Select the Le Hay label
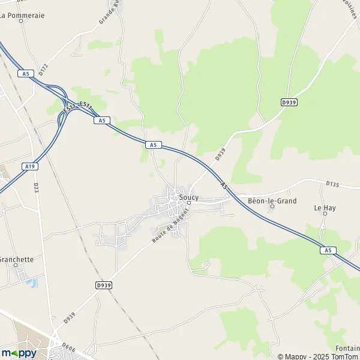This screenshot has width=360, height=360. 325,208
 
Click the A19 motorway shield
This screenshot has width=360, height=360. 29,166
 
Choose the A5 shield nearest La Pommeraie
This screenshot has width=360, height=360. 24,74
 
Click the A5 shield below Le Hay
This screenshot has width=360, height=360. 326,250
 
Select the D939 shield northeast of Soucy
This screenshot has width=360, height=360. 290,103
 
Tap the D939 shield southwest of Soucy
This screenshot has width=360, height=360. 103,286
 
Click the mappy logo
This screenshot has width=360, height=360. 19,353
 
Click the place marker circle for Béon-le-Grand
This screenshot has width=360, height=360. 272,207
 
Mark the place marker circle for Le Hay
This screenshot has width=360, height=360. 325,214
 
